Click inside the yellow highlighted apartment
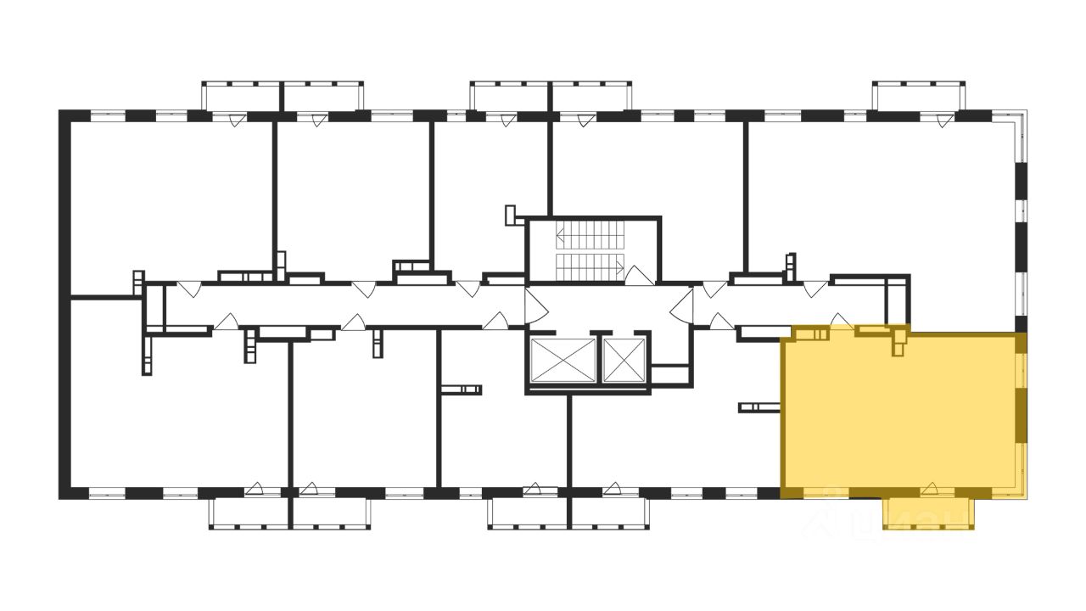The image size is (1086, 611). click(899, 416)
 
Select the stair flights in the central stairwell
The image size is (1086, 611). click(589, 249)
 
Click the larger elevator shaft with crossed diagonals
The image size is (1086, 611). click(562, 360)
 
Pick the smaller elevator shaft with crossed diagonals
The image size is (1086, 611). click(624, 360)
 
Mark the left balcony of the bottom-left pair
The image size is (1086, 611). click(250, 513)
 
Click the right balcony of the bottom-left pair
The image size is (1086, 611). click(331, 513)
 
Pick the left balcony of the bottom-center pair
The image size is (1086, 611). click(529, 513)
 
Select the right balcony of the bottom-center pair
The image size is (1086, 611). click(608, 513)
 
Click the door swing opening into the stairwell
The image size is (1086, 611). click(638, 273)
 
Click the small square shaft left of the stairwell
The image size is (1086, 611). click(511, 214)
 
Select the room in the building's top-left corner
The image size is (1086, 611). click(170, 204)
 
